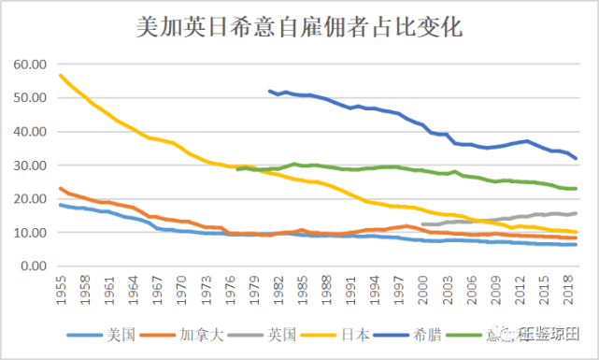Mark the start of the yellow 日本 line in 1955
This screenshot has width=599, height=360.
pyautogui.click(x=61, y=75)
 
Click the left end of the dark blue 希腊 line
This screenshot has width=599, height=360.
pyautogui.click(x=269, y=91)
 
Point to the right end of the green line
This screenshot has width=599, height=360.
pyautogui.click(x=576, y=189)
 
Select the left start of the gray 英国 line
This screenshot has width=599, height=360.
pyautogui.click(x=423, y=224)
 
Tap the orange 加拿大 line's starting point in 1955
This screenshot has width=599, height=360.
pyautogui.click(x=61, y=188)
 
